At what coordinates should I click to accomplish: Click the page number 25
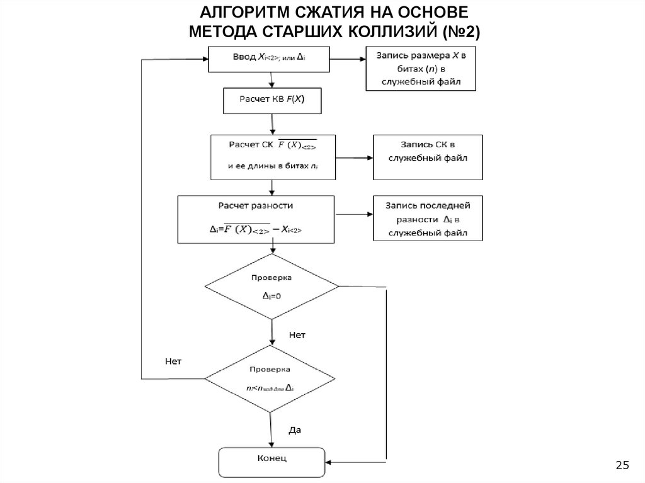(622, 465)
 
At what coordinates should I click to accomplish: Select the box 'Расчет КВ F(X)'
(272, 99)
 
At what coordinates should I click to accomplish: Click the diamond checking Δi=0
(271, 287)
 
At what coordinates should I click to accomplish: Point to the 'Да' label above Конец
(295, 431)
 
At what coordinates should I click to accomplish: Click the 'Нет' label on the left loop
(173, 362)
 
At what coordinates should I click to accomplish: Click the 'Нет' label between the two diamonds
(297, 335)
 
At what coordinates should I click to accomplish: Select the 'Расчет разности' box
(255, 219)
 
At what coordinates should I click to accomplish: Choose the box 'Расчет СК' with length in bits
(271, 157)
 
